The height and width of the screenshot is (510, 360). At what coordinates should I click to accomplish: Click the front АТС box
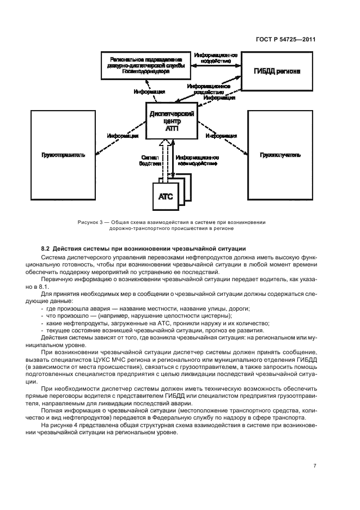pyautogui.click(x=164, y=197)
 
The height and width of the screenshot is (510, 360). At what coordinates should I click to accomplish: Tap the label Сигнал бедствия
pyautogui.click(x=150, y=160)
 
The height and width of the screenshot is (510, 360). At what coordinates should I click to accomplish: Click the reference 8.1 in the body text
pyautogui.click(x=44, y=285)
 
